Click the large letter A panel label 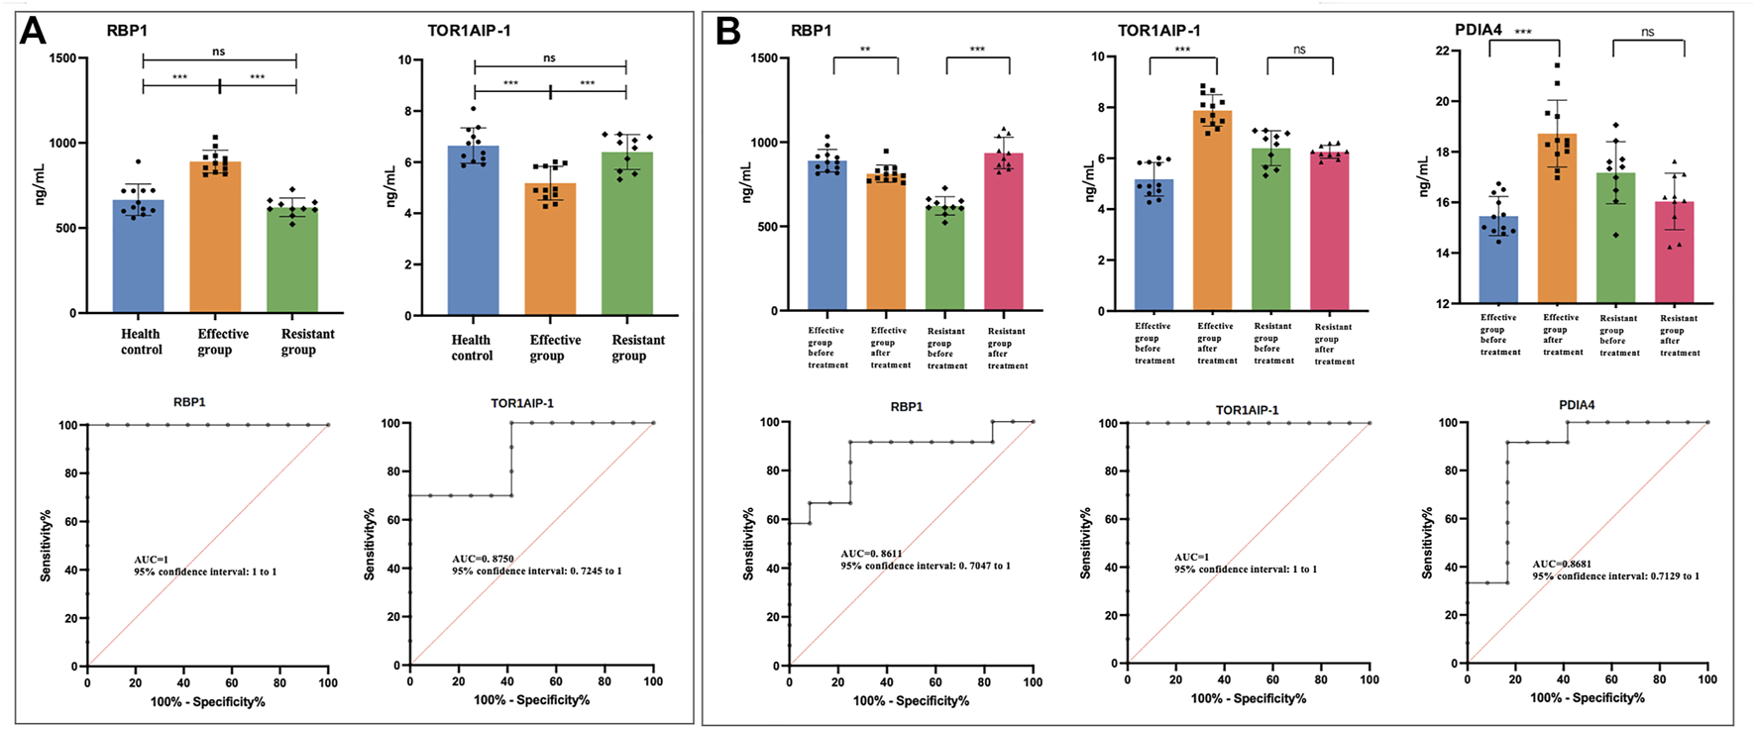[x=33, y=31]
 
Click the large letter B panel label [x=728, y=31]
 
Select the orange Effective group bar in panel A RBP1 [x=215, y=238]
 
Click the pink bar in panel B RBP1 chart [x=1004, y=232]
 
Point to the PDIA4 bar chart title [x=1479, y=30]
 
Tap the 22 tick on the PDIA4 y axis [x=1441, y=51]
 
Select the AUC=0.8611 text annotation [x=871, y=554]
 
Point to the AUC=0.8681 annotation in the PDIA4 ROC [x=1562, y=565]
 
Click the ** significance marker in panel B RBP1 [x=865, y=50]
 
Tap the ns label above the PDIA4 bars [x=1647, y=32]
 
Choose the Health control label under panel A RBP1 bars [x=141, y=342]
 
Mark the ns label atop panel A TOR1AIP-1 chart [x=550, y=58]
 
